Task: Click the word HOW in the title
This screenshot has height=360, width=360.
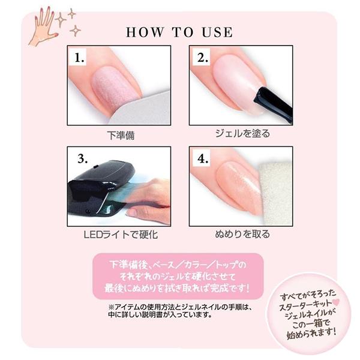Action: (x=145, y=32)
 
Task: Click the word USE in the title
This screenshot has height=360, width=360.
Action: (x=217, y=32)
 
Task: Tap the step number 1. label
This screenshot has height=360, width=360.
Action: (x=79, y=58)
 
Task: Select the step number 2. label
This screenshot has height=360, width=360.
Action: (x=203, y=58)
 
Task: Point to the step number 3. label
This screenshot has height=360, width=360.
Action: (x=82, y=158)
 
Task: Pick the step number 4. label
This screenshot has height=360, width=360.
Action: (x=203, y=158)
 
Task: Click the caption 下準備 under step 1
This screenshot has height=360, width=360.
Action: (x=121, y=136)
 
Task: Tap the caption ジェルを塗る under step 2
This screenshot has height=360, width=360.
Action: (x=242, y=133)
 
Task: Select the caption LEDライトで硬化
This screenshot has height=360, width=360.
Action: (x=121, y=235)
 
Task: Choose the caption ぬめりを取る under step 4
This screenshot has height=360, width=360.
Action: (x=242, y=234)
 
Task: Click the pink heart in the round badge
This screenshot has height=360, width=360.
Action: (x=336, y=302)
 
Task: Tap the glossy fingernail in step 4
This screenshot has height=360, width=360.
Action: (x=239, y=186)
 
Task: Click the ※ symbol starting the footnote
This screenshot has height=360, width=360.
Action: (x=111, y=307)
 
